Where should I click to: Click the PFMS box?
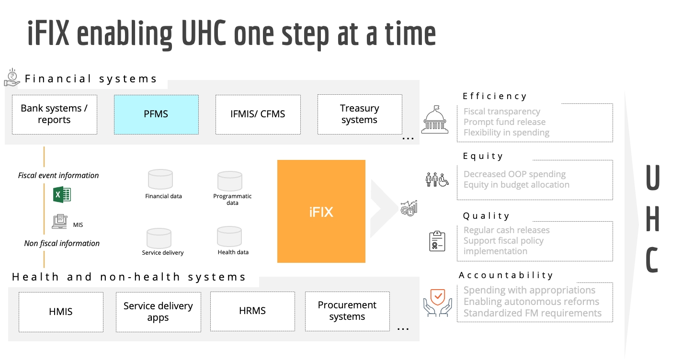point(156,114)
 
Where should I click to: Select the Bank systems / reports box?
point(54,114)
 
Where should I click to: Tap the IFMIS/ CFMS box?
point(258,114)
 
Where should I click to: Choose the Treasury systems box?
point(359,114)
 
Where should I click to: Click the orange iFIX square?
point(321,211)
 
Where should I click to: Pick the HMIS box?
point(61,312)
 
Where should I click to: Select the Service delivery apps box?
point(158,312)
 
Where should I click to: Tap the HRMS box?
point(252,311)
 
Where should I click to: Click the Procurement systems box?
point(347,311)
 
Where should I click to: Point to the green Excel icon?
point(62,194)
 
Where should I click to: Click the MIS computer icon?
point(60,221)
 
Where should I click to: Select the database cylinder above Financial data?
point(160,180)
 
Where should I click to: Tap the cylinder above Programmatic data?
point(229,181)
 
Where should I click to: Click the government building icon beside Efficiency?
point(435,120)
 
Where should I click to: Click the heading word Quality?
point(486,216)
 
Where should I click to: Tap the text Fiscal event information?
point(58,176)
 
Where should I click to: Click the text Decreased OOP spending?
point(514,174)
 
